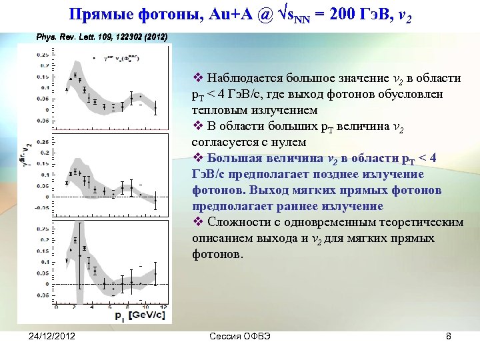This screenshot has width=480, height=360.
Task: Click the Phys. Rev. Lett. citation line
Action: [101, 37]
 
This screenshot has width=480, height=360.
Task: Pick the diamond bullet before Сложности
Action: [195, 222]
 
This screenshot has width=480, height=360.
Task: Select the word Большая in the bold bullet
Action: [235, 159]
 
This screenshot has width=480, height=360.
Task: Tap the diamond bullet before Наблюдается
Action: [195, 79]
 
